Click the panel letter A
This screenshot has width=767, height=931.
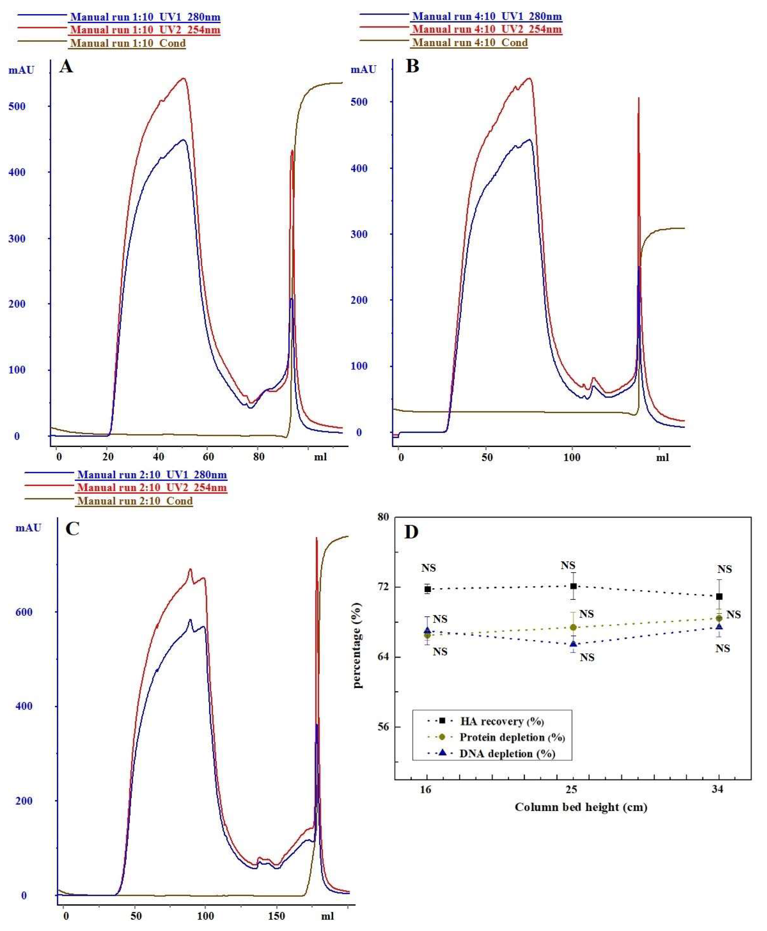tap(66, 67)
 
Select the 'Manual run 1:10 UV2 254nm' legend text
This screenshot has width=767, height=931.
tap(145, 30)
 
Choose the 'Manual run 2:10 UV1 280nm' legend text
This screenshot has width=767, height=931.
tap(152, 475)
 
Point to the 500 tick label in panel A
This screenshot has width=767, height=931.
tap(17, 106)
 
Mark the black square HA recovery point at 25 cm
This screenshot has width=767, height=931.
tap(573, 586)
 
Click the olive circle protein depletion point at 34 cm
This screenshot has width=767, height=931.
tap(719, 618)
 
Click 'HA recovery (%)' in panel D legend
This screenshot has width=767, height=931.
tap(502, 721)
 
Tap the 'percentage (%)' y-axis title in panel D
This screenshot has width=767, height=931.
tap(357, 645)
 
